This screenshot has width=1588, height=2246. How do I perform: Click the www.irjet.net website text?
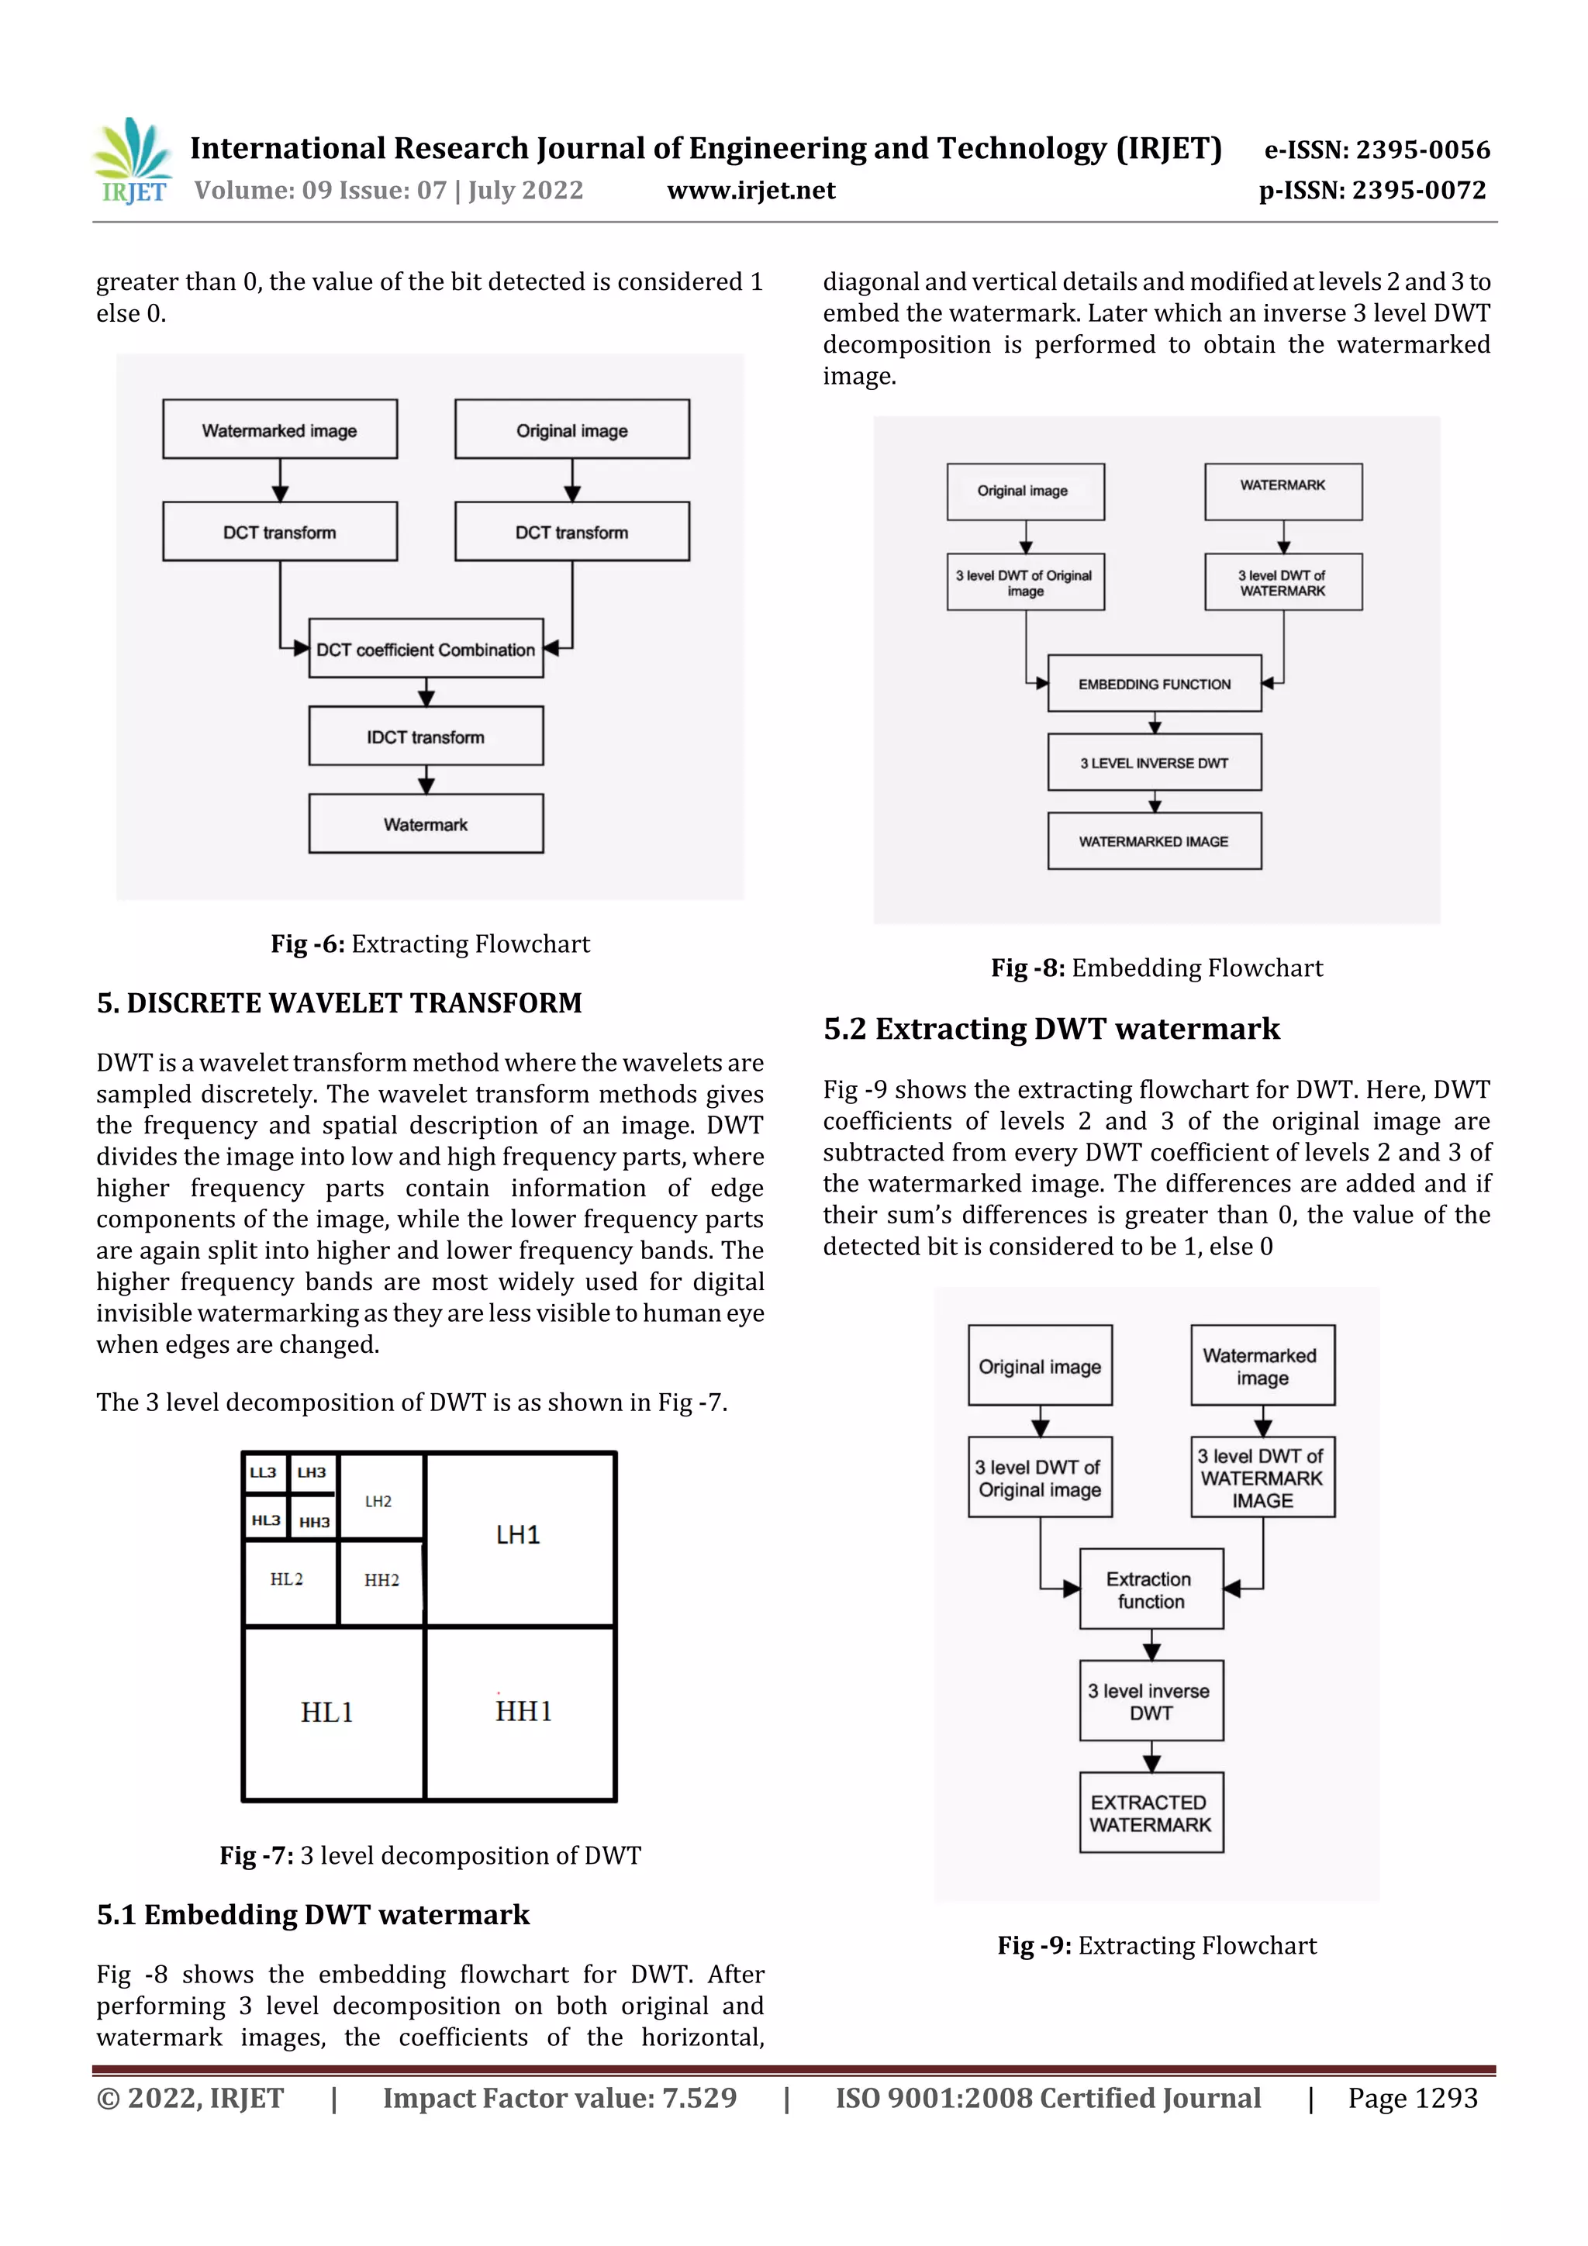tap(751, 191)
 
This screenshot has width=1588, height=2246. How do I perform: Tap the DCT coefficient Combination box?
tap(426, 649)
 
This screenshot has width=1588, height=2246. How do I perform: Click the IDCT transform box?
tap(426, 737)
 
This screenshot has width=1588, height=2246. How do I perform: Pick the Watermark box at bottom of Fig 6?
tap(426, 823)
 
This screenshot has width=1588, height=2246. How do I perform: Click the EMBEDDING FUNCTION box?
tap(1154, 684)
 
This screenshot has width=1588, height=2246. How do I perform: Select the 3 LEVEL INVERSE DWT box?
tap(1154, 762)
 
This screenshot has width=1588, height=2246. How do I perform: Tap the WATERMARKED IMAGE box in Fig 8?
tap(1154, 841)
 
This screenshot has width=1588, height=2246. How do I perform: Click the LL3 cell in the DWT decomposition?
tap(263, 1472)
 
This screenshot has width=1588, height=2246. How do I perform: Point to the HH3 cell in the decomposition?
tap(314, 1521)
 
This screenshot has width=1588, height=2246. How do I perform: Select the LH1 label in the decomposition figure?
tap(518, 1535)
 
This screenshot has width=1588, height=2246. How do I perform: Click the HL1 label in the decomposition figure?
tap(326, 1712)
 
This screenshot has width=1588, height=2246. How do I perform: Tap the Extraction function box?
tap(1151, 1589)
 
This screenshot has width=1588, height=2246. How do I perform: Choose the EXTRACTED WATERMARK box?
tap(1151, 1813)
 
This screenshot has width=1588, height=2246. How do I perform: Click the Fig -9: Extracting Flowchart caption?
tap(1157, 1946)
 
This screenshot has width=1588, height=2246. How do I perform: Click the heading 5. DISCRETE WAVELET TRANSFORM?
tap(339, 1004)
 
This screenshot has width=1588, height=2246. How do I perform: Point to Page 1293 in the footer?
tap(1412, 2098)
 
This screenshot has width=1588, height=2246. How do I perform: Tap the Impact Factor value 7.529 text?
tap(559, 2098)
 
